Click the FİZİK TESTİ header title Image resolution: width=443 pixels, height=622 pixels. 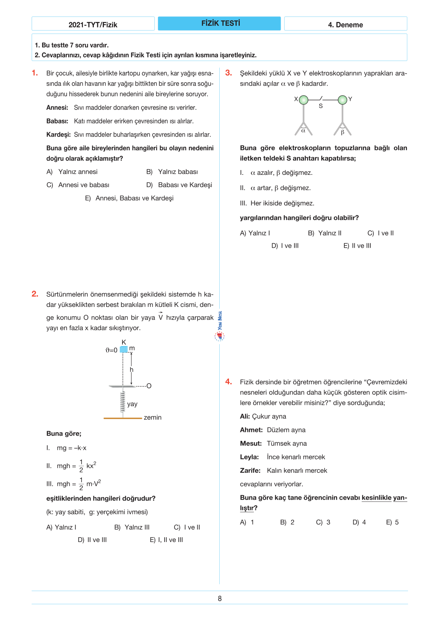coord(220,23)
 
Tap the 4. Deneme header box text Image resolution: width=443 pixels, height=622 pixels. coord(345,25)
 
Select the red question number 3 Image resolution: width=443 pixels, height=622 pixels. coord(228,73)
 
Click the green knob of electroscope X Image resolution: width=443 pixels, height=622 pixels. coord(304,100)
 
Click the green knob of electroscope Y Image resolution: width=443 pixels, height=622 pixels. coord(342,100)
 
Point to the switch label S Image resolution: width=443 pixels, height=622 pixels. coord(321,106)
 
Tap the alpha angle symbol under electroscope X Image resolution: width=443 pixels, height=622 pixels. coord(303,131)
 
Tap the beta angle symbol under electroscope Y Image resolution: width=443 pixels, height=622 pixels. coord(342,132)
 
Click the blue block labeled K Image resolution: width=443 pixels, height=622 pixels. coord(124,349)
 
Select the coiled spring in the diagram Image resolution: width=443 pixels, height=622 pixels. coord(122,401)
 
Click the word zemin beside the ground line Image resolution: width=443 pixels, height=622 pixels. coord(153,417)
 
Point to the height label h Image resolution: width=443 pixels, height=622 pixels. coord(131,370)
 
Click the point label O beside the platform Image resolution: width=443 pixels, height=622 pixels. coord(149,386)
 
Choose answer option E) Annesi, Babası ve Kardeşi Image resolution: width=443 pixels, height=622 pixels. coord(129,198)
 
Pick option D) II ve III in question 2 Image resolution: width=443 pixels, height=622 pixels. coord(92,540)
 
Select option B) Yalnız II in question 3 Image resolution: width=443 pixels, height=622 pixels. coord(325,233)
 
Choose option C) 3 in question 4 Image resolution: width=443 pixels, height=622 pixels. coord(323,522)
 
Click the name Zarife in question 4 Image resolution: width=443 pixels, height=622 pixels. coord(250,471)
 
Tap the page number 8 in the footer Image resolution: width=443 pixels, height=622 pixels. coord(220,599)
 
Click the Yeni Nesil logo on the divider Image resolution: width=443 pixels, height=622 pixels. coord(220,327)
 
